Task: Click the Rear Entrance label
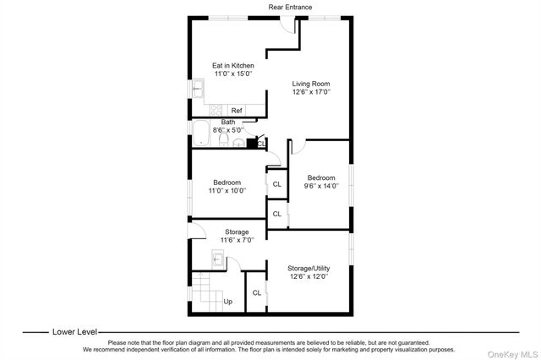[x=289, y=7]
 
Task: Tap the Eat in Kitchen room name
[x=232, y=65]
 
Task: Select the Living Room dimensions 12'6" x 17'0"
[x=310, y=91]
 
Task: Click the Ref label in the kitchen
[x=237, y=111]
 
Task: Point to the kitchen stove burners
[x=216, y=110]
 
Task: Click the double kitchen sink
[x=197, y=88]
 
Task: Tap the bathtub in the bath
[x=201, y=135]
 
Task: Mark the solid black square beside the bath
[x=251, y=143]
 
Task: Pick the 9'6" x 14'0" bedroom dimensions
[x=321, y=186]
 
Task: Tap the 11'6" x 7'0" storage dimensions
[x=236, y=240]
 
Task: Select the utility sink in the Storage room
[x=217, y=261]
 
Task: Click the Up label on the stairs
[x=227, y=301]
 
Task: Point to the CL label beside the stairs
[x=256, y=293]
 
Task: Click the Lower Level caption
[x=74, y=332]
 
